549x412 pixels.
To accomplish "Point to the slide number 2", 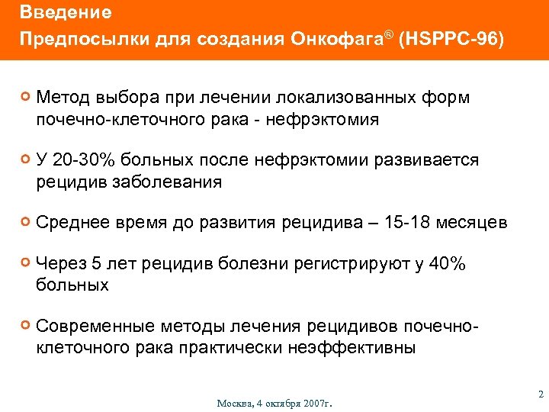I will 539,394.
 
